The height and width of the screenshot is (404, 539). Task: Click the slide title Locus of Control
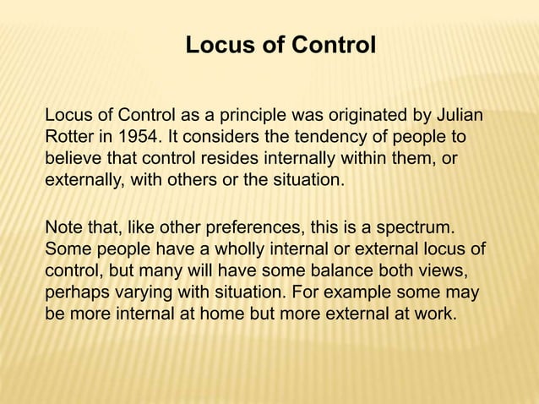[x=280, y=44]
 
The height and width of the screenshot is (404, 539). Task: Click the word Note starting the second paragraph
[x=62, y=229]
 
